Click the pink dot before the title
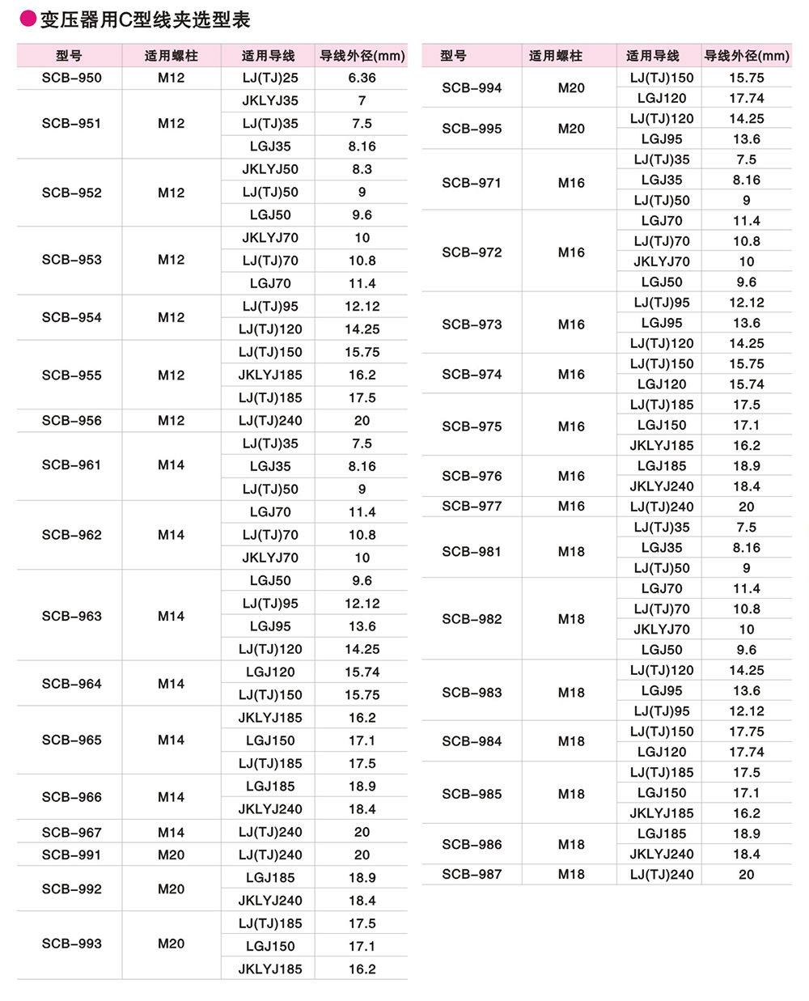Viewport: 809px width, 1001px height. (28, 19)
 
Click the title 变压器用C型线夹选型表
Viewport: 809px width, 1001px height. (145, 19)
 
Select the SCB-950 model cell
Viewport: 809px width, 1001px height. (72, 78)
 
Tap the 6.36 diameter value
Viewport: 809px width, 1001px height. (362, 78)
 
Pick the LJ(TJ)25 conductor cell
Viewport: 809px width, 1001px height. (270, 78)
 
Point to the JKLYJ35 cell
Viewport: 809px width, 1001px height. (270, 100)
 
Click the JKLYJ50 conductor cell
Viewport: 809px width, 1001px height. (270, 169)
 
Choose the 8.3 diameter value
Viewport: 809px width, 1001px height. (362, 169)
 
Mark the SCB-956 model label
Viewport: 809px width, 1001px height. (72, 421)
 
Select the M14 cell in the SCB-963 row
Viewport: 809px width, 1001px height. (171, 616)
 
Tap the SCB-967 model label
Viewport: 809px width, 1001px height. (72, 832)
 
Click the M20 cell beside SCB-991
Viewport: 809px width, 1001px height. (171, 855)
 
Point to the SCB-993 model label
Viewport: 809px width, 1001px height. (72, 944)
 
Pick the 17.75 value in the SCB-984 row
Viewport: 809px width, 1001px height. (746, 732)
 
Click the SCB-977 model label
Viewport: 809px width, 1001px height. (472, 507)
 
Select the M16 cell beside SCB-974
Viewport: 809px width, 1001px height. (571, 375)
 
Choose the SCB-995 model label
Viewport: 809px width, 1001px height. (472, 129)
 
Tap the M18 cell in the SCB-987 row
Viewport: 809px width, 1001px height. (571, 874)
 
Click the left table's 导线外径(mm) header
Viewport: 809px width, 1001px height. (362, 56)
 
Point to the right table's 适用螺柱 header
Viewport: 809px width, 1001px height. (555, 56)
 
